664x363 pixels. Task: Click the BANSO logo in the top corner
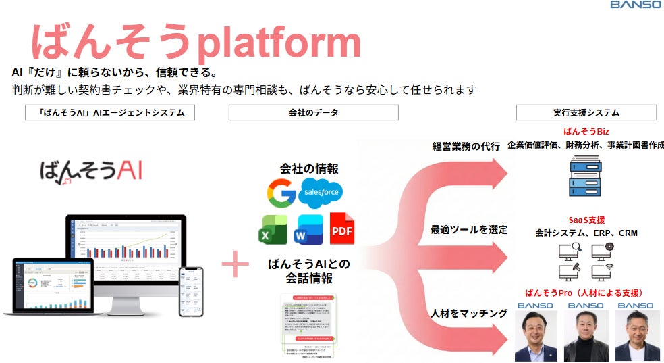point(635,5)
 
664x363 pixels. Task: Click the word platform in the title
point(277,42)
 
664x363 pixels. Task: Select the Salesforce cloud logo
point(321,193)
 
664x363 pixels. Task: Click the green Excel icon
point(273,230)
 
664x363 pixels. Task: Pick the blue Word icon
point(310,230)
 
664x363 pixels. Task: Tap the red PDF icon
point(342,230)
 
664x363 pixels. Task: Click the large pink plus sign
point(235,264)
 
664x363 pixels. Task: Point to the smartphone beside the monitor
point(190,291)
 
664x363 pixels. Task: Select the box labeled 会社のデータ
point(313,112)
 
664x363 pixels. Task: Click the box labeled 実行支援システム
point(586,112)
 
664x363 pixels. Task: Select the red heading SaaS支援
point(586,220)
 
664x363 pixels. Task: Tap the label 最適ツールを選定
point(468,230)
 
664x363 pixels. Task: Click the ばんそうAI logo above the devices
point(90,171)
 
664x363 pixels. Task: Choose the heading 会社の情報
point(309,168)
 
